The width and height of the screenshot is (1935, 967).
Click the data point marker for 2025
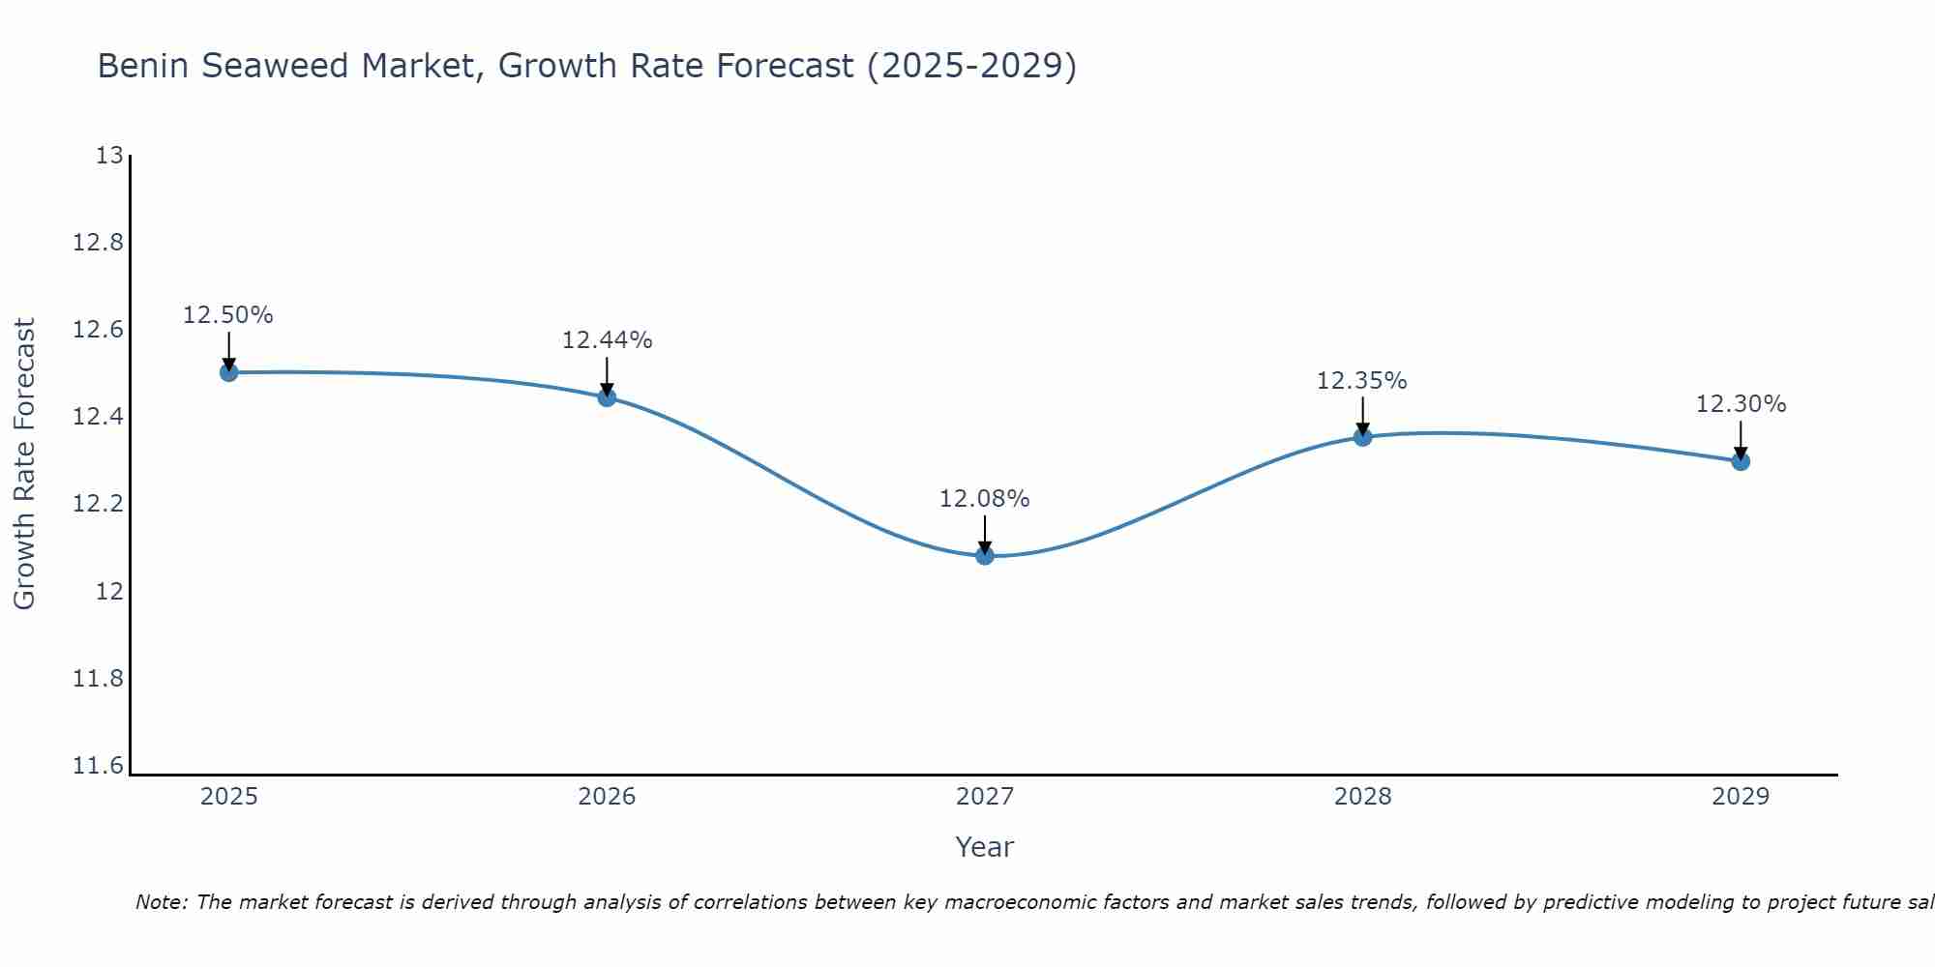(229, 372)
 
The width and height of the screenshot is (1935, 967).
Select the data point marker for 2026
(607, 397)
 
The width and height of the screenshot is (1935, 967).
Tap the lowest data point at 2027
(985, 555)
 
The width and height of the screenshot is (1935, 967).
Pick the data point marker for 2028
(1362, 437)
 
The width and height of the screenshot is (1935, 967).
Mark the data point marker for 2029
(1741, 461)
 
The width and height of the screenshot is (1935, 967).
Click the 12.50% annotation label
(228, 315)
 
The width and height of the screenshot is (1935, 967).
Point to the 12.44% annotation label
(607, 340)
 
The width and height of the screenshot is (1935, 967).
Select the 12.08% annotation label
(984, 499)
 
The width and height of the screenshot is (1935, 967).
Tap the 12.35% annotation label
(1361, 381)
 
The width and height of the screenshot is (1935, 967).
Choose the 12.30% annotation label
(1741, 404)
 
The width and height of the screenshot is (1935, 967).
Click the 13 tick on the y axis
(109, 156)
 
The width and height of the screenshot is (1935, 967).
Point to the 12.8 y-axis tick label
(99, 243)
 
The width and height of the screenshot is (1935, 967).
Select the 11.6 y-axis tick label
(99, 766)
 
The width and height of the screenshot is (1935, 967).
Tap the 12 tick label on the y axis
(109, 591)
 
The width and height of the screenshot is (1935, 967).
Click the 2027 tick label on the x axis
(985, 797)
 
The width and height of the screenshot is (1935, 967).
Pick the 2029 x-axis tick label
(1741, 797)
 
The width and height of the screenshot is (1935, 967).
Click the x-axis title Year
(984, 847)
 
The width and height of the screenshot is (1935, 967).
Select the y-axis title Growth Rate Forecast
(24, 464)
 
